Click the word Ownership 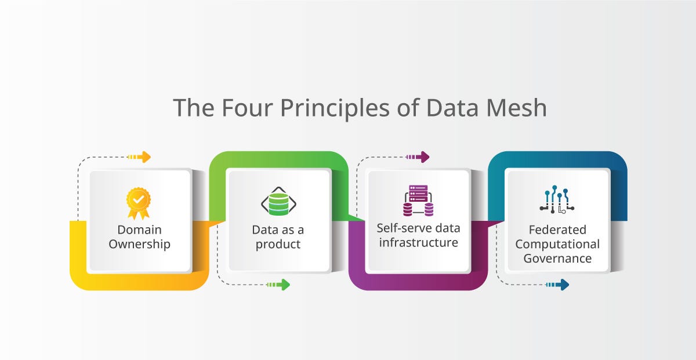[x=140, y=244]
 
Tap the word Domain [x=139, y=230]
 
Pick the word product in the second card [x=278, y=244]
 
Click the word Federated [x=557, y=230]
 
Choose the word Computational [x=557, y=244]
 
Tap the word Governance [x=557, y=259]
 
